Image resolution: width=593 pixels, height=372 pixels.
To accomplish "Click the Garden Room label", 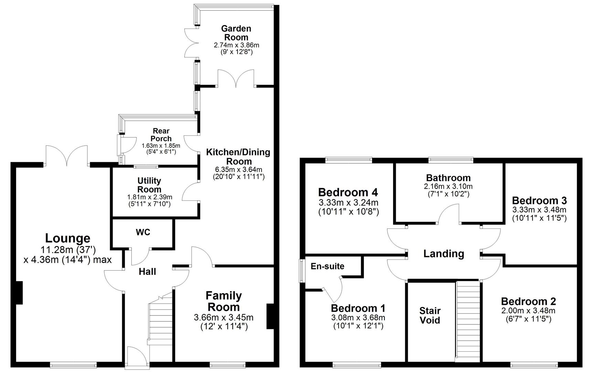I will coord(236,33).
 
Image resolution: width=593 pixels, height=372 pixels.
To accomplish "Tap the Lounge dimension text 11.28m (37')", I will coord(68,250).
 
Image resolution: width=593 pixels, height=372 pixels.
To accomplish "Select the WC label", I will coord(143,232).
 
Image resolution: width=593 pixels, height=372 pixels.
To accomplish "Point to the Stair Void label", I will coord(430,316).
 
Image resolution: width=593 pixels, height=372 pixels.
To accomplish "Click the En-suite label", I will coord(327,266).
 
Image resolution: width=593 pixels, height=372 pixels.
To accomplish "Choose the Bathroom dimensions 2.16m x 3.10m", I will coord(448,186).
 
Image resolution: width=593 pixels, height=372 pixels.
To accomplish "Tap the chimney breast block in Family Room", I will coord(271,317).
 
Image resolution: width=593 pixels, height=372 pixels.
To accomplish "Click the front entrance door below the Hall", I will coord(134,357).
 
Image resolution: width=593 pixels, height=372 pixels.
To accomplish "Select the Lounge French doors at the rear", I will coord(67,156).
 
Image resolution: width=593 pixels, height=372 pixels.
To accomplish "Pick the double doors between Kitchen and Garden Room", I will coord(236,79).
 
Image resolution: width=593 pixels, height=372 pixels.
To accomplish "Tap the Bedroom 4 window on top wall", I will coord(349,160).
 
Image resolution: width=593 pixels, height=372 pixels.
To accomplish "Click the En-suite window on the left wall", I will coord(301,271).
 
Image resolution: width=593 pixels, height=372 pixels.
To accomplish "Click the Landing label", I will coord(443,254).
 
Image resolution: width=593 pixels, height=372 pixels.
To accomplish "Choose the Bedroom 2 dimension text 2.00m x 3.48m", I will coord(528,310).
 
